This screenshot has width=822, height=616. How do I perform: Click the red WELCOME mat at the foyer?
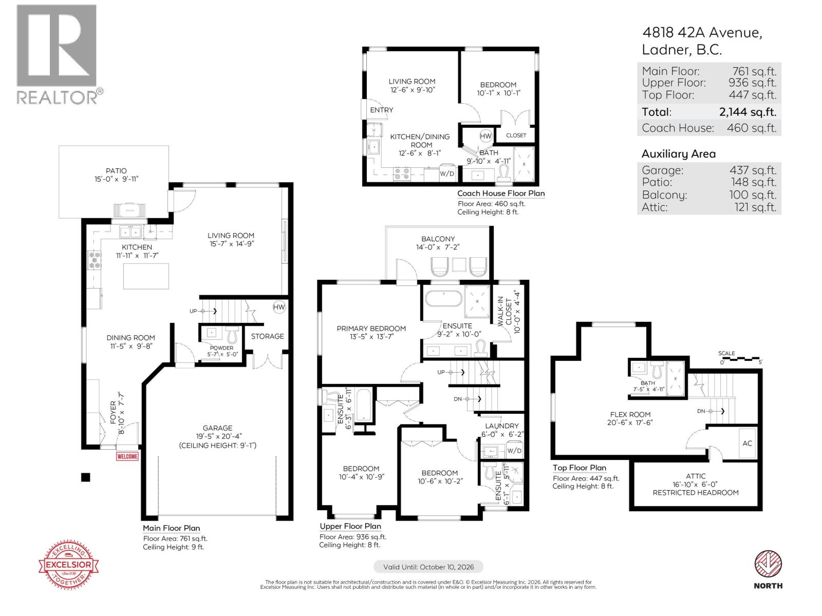[127, 456]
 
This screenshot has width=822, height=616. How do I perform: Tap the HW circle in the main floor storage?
[279, 307]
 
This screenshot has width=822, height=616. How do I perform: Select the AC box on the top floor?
[747, 443]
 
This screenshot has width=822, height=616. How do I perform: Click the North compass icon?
[768, 565]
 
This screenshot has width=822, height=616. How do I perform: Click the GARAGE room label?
[217, 428]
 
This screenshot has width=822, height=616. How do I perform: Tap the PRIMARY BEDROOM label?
[371, 329]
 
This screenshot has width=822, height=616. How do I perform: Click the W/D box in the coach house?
[447, 174]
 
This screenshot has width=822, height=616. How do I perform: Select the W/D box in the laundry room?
[514, 451]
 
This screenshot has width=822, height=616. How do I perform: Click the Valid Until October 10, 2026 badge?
[428, 567]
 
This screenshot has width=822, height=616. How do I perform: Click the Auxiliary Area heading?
[678, 154]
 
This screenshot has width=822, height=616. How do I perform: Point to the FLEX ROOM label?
[630, 414]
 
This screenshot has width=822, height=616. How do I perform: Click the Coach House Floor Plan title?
[501, 194]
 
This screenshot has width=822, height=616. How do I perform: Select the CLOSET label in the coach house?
[516, 136]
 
